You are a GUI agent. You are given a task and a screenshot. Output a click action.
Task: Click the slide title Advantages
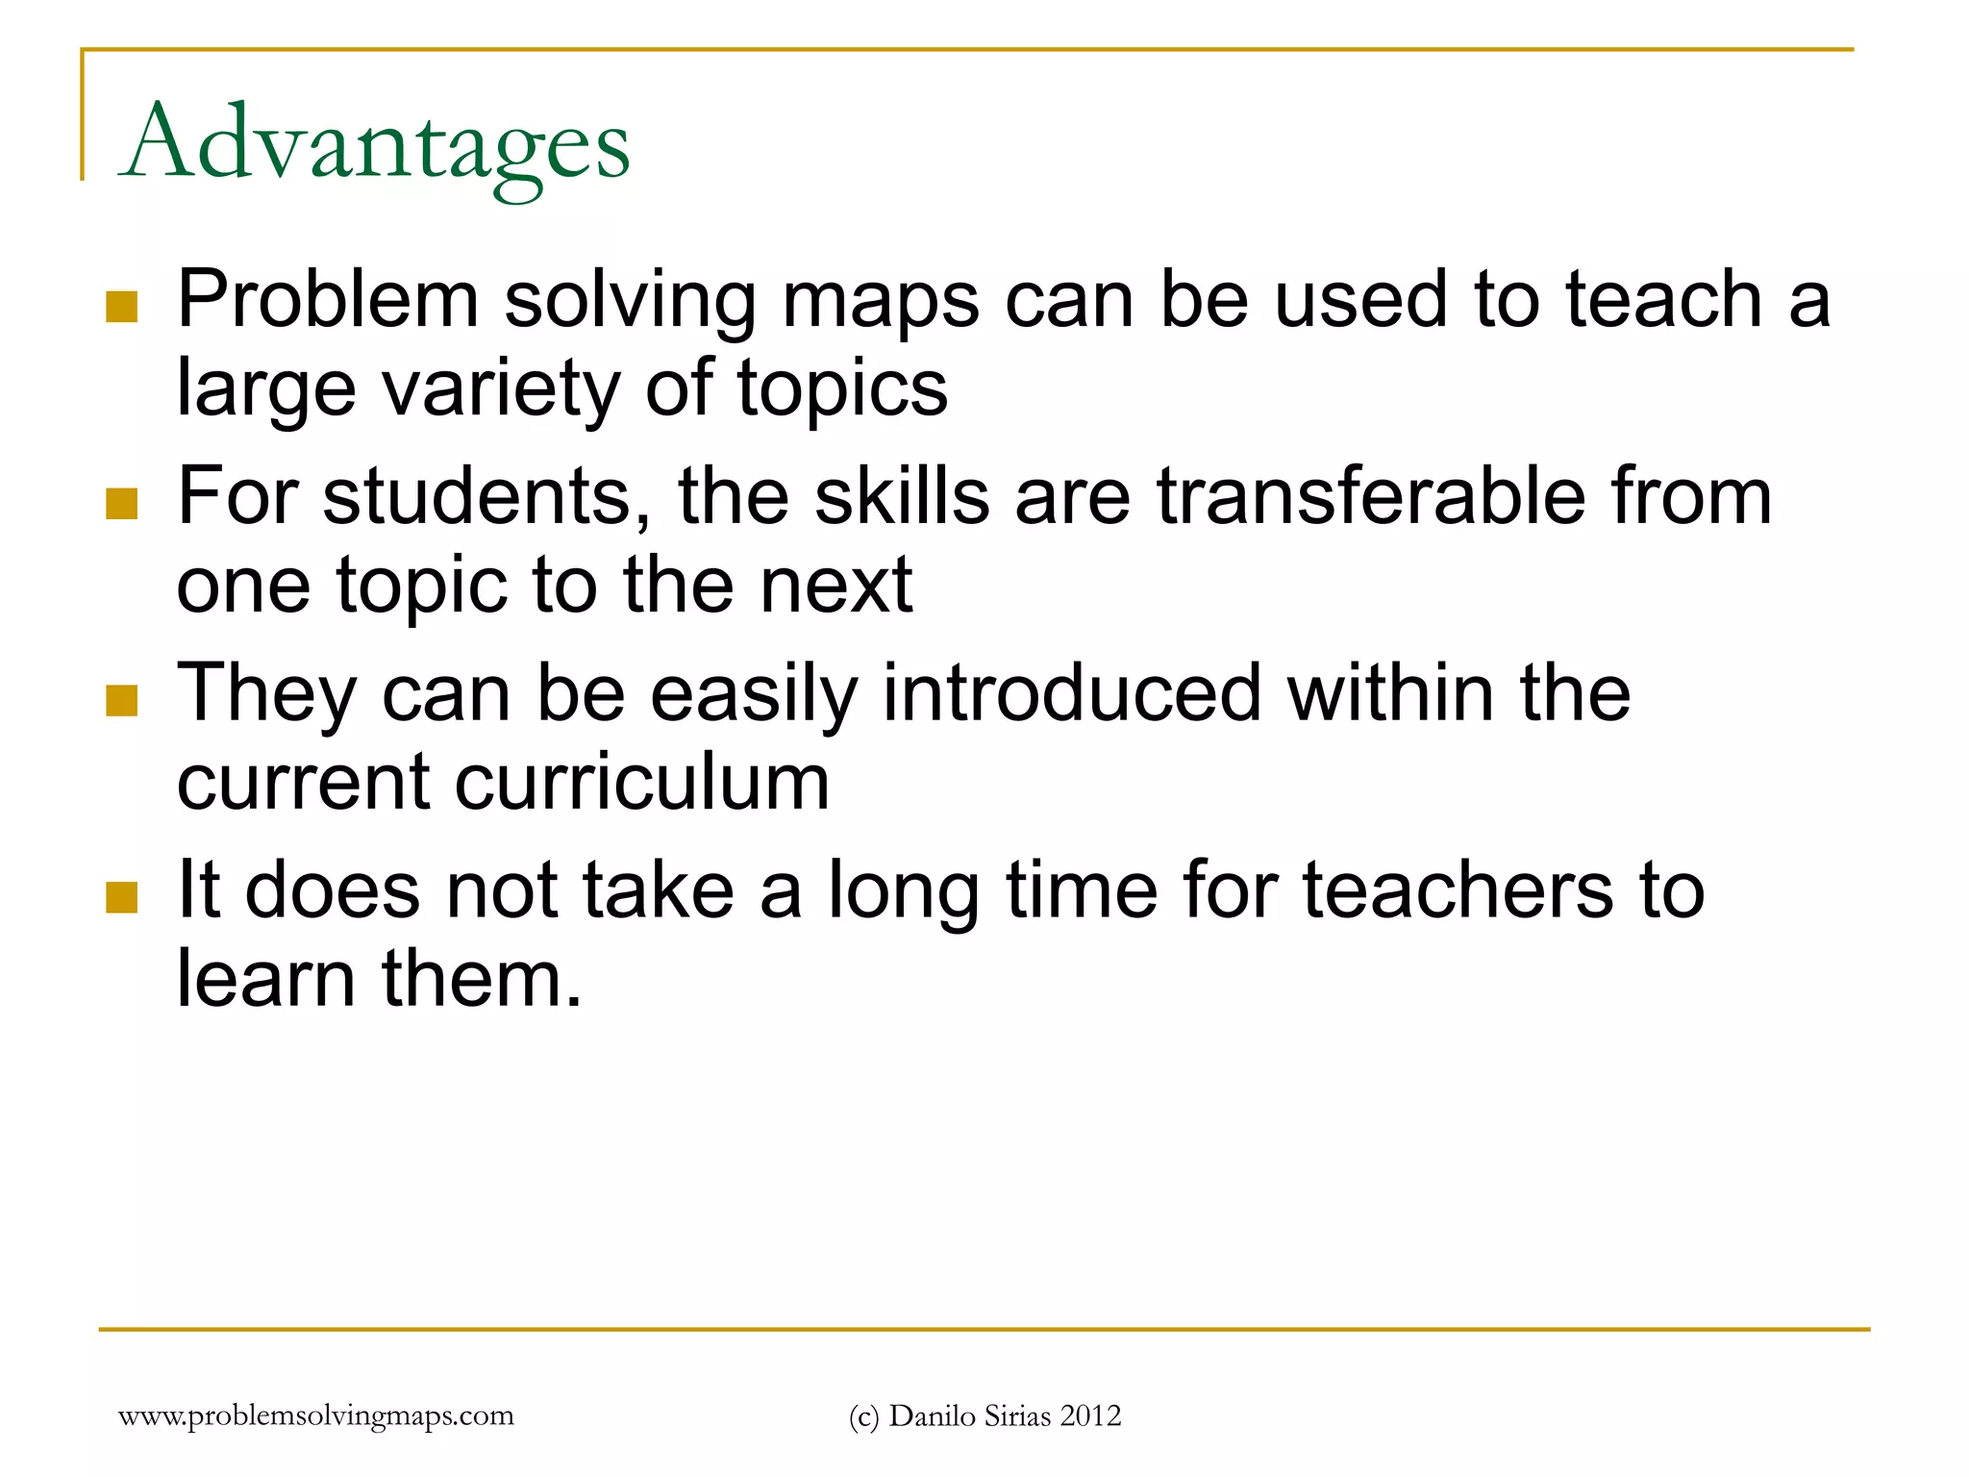point(375,144)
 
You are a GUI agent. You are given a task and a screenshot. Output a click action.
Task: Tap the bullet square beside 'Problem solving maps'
point(122,307)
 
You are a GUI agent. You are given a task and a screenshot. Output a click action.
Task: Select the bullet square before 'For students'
point(122,503)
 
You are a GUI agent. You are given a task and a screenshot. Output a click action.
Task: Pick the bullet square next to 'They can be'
point(122,700)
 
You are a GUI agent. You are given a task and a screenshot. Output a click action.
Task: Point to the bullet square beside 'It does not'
point(122,896)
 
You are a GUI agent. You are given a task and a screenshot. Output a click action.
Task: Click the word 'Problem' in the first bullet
point(328,299)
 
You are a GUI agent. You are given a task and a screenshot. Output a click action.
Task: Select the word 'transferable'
point(1370,496)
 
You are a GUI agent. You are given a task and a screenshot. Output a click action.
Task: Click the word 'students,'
point(486,496)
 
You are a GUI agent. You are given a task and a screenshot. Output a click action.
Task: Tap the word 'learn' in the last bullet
point(265,978)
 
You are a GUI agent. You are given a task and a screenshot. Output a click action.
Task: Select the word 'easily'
point(753,694)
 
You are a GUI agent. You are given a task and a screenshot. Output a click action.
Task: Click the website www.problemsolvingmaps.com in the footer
point(315,1415)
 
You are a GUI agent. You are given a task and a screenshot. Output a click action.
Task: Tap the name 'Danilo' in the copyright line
point(927,1415)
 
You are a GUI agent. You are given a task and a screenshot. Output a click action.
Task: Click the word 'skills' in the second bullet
point(902,496)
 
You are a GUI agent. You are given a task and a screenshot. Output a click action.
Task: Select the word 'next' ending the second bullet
point(836,585)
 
